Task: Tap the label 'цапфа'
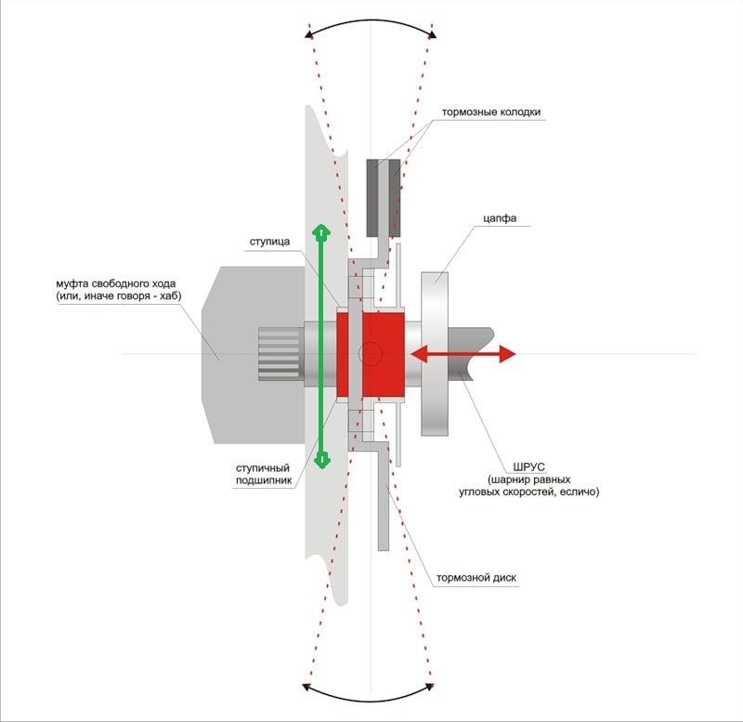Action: (x=498, y=219)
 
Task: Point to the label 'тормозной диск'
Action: (x=476, y=577)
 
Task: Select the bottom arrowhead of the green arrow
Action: (x=321, y=460)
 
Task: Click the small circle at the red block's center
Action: (x=371, y=353)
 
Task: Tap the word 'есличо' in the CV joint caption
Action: (x=579, y=492)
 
